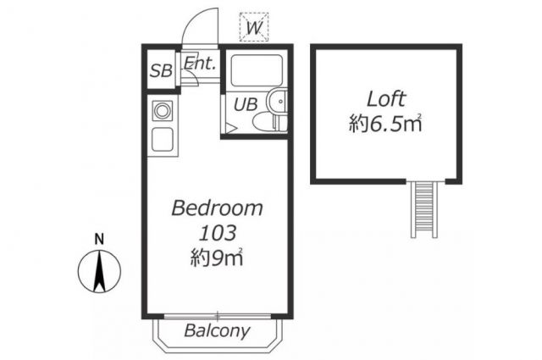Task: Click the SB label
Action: click(x=161, y=71)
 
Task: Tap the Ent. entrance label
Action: click(x=200, y=63)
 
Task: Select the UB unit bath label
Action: click(x=246, y=104)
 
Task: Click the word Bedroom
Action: click(x=217, y=208)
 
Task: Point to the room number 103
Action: click(x=218, y=233)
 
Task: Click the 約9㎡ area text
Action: click(x=217, y=258)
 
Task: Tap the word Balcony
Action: click(x=217, y=330)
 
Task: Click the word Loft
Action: click(x=386, y=99)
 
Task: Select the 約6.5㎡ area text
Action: click(x=385, y=124)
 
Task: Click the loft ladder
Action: click(x=424, y=209)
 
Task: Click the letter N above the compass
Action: click(x=100, y=240)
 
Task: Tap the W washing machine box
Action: click(x=254, y=27)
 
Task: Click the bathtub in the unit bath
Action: click(x=256, y=70)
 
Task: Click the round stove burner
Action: click(x=162, y=111)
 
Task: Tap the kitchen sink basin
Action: click(x=163, y=139)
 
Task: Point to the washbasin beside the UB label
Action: click(x=278, y=102)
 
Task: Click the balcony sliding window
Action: click(x=218, y=316)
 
